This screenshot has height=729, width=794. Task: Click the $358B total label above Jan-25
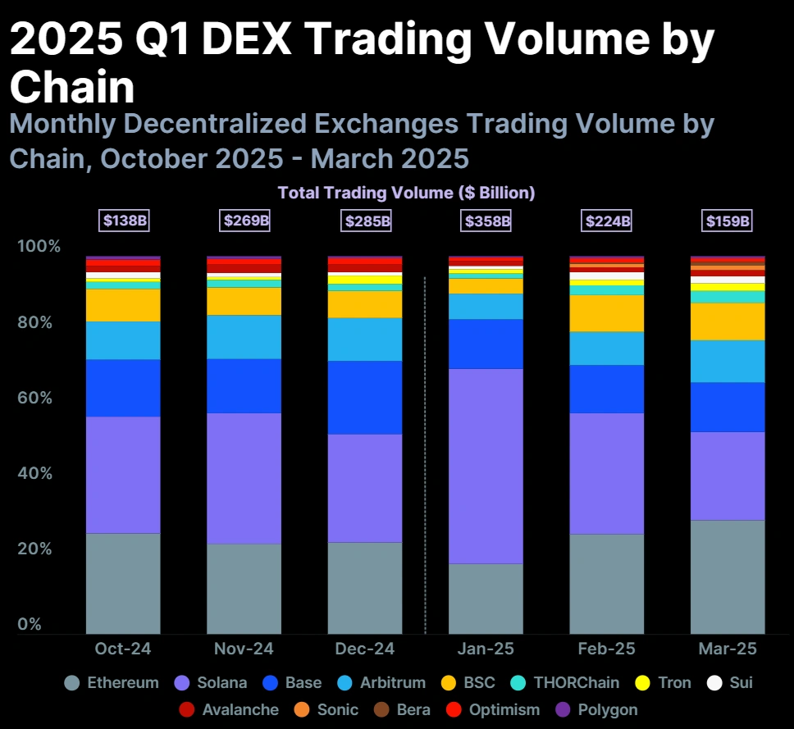pyautogui.click(x=487, y=221)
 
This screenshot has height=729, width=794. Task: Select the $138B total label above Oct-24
pyautogui.click(x=124, y=221)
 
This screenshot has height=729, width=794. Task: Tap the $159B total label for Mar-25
pyautogui.click(x=728, y=221)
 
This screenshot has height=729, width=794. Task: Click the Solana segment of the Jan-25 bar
pyautogui.click(x=486, y=466)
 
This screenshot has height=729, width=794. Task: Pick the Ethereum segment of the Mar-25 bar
pyautogui.click(x=728, y=576)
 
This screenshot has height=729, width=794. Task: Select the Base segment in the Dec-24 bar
pyautogui.click(x=365, y=398)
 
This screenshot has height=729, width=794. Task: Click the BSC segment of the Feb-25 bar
pyautogui.click(x=607, y=313)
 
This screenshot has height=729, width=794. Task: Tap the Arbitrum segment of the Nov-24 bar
pyautogui.click(x=244, y=337)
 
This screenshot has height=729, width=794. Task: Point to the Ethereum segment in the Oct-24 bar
pyautogui.click(x=123, y=583)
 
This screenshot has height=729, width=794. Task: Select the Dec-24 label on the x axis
pyautogui.click(x=365, y=649)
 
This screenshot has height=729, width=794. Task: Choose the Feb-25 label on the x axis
pyautogui.click(x=606, y=649)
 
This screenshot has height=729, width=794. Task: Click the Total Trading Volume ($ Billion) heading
pyautogui.click(x=406, y=194)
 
